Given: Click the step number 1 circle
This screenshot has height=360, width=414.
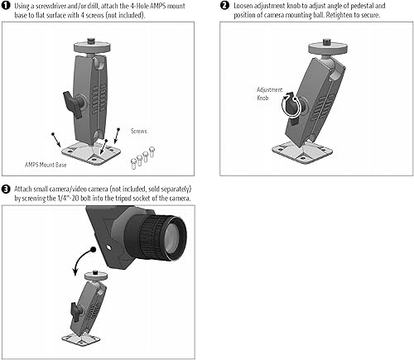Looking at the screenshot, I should click(x=6, y=6).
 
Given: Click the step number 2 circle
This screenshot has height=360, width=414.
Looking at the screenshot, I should click(x=224, y=6).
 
